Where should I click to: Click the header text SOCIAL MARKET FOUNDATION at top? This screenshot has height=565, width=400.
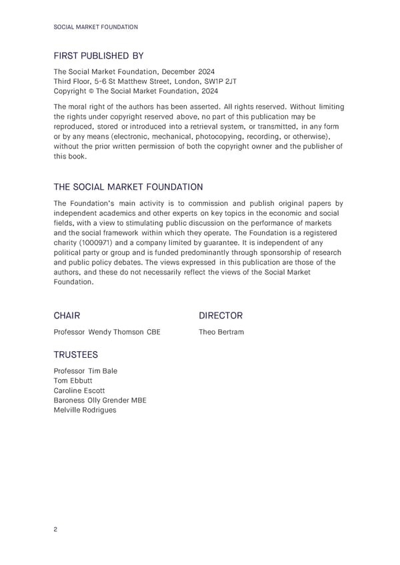point(95,27)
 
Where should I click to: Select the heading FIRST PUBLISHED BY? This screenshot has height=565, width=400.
point(98,56)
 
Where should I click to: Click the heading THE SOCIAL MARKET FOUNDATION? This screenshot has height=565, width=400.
point(128,187)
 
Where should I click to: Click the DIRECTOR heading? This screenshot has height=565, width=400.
point(221,315)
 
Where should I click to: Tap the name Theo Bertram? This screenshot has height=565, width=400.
point(221,332)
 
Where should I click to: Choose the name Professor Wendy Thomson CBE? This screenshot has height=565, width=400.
point(107,332)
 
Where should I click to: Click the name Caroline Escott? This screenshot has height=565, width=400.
point(79,390)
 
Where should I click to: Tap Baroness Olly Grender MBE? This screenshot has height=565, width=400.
point(99,400)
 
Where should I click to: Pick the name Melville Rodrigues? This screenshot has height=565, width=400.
point(84,410)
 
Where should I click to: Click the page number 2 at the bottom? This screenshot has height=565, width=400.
point(55,530)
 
